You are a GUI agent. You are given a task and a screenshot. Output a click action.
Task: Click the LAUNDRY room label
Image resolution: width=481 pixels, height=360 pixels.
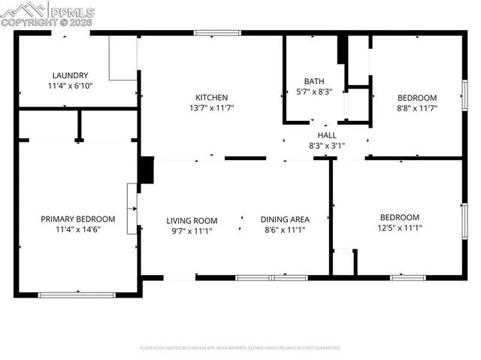click(x=71, y=75)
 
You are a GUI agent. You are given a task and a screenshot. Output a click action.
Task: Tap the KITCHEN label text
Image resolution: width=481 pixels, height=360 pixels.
click(x=212, y=98)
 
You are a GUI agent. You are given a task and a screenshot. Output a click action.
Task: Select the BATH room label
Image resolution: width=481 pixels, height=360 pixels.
click(x=313, y=81)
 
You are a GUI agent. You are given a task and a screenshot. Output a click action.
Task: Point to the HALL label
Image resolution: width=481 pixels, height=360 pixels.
click(x=326, y=135)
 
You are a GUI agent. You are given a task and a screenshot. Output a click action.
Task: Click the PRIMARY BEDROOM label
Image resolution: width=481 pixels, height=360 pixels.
click(x=78, y=219)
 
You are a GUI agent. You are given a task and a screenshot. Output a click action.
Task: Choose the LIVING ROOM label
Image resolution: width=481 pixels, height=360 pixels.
click(x=192, y=220)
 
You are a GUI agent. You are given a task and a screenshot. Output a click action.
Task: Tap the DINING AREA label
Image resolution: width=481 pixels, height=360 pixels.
click(x=285, y=219)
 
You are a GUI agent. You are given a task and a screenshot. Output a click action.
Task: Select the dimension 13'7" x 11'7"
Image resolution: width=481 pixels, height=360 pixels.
click(x=212, y=108)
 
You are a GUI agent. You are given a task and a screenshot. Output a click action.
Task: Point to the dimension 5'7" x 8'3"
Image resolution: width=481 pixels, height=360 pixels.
click(x=313, y=92)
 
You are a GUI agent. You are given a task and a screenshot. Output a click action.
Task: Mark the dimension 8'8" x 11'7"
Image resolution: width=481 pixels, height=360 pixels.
click(x=416, y=108)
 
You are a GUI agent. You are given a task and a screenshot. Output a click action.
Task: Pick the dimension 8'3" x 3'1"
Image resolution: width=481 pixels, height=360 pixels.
click(x=326, y=146)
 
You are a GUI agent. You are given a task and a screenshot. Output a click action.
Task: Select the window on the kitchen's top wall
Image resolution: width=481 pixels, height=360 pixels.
click(x=217, y=33)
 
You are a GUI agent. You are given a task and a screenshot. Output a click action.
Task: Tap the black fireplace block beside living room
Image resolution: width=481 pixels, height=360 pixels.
click(x=147, y=170)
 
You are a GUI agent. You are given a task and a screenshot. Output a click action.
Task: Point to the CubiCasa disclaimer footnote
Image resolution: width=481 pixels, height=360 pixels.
click(x=240, y=348)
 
